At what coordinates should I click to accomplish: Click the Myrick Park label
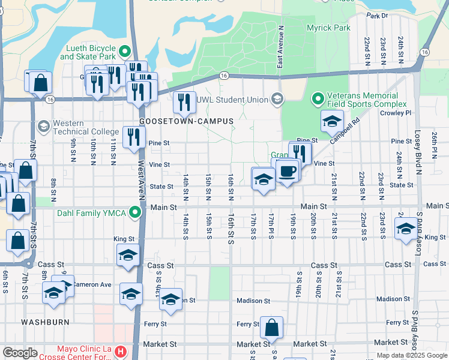pos(328,28)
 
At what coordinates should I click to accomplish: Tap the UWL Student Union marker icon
pos(277,99)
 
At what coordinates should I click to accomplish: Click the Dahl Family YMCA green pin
pos(136,212)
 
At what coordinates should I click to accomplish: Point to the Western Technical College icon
pos(43,127)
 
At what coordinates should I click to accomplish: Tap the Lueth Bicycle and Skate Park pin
pos(125,52)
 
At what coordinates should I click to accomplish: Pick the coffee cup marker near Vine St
pos(287,171)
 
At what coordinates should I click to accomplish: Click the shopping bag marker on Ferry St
pos(271,328)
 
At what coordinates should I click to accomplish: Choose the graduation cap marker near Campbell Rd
pos(332,122)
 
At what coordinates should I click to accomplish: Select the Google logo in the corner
pos(20,353)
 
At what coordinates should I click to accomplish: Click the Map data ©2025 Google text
pos(412,355)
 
